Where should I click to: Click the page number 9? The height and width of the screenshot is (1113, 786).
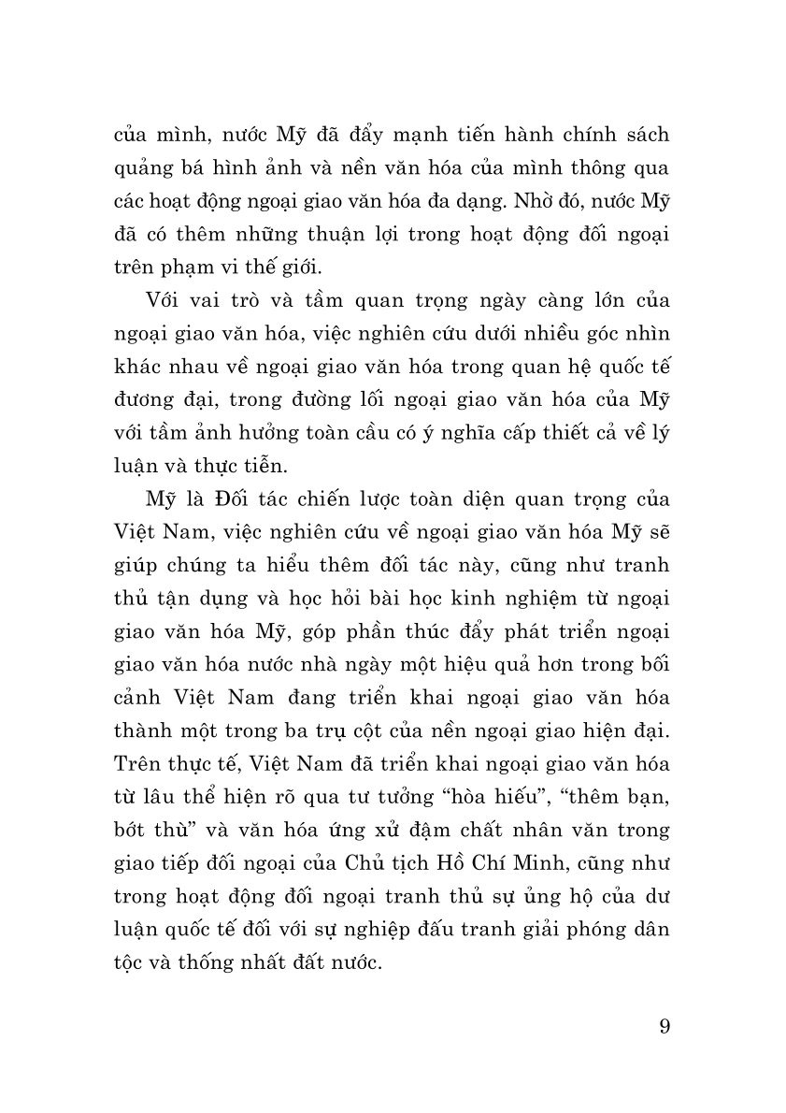(664, 1026)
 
